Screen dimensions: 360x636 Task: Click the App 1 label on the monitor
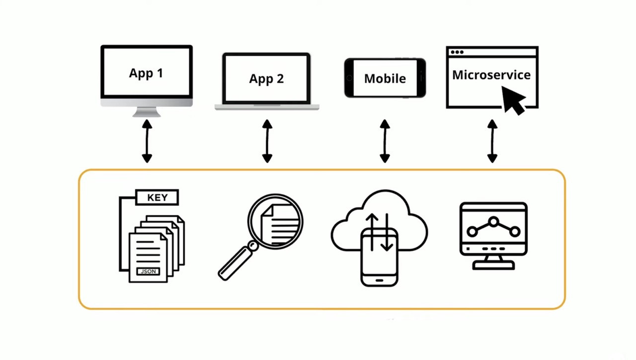tap(146, 74)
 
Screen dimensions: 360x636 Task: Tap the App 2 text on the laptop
tap(266, 79)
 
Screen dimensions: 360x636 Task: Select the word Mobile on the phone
tap(385, 79)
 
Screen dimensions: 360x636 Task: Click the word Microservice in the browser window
tap(491, 75)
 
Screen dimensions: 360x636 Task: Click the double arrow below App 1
tap(147, 141)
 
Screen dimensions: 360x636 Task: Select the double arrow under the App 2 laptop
tap(267, 141)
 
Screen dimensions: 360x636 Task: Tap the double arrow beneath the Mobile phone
tap(385, 141)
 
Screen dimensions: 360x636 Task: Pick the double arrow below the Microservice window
tap(492, 141)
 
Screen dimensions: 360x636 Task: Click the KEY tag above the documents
tap(157, 197)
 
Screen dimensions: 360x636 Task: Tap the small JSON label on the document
tap(148, 271)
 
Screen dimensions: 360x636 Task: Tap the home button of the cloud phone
tap(379, 281)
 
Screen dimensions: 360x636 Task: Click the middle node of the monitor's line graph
tap(493, 222)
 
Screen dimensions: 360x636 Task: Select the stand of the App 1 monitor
tap(147, 112)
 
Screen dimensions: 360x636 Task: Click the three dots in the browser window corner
tap(457, 52)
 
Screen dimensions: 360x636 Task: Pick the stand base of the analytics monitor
tap(493, 266)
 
